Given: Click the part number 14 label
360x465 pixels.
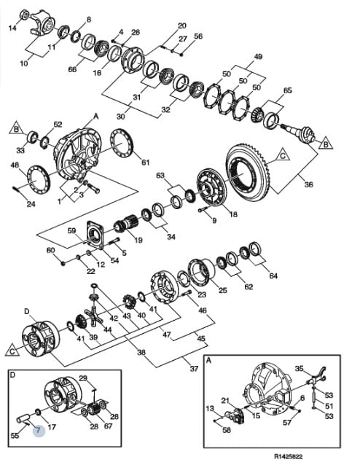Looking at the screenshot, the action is coord(12,28).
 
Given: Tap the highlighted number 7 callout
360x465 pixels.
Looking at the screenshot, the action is coord(39,430).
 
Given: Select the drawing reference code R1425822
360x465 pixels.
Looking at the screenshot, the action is coord(289,456).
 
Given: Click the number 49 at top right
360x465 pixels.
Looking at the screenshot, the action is coord(258,56).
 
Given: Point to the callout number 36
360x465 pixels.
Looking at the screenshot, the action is coord(309,184).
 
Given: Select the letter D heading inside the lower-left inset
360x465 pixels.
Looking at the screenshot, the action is coord(12,375).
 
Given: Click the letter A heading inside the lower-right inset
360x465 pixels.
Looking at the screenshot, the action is coord(208,360).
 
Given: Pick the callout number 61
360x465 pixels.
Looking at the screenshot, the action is coord(145,163).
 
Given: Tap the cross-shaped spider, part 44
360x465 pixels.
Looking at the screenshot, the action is coord(94,316).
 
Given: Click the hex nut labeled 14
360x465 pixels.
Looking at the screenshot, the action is coord(24,15).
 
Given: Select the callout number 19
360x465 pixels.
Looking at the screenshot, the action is coord(138,240).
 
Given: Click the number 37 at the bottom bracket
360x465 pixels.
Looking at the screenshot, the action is coord(194,369).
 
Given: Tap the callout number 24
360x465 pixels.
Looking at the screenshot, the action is coord(31,204).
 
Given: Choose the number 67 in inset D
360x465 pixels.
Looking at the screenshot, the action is coord(109,426).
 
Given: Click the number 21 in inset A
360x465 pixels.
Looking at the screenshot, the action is coord(225,400).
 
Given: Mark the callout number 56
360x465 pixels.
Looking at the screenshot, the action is coord(198,36).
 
